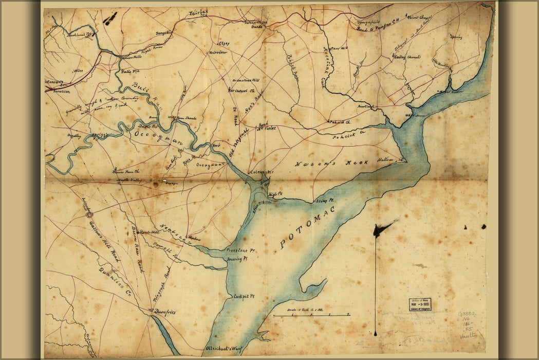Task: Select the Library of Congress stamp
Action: tap(420, 304)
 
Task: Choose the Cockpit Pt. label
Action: tap(245, 297)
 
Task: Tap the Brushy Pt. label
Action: tap(237, 260)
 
